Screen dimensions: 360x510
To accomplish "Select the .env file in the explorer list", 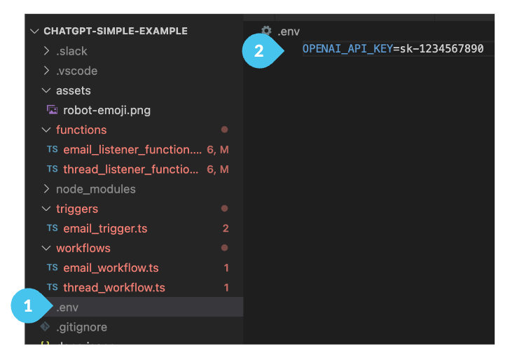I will pos(68,307).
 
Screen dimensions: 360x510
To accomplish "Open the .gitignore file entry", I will pos(81,327).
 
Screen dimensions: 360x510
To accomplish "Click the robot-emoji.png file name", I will pos(106,110).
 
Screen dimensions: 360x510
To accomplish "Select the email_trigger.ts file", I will pos(105,228).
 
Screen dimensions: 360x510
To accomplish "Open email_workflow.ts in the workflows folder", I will pos(111,268).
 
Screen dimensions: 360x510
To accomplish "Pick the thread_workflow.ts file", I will pos(113,287).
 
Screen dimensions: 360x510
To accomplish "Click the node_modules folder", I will pos(95,189).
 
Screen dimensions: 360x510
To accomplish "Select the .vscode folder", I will pos(76,71).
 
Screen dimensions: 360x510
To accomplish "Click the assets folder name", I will pos(74,90).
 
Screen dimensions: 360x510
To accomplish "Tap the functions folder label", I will pos(81,130).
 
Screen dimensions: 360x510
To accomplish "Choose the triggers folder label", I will pos(77,209).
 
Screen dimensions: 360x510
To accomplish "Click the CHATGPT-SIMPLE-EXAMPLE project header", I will pos(116,31).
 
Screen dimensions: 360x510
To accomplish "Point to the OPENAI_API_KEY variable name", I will pos(347,49).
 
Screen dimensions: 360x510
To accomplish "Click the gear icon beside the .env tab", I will pos(266,31).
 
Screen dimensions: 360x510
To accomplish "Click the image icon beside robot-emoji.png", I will pos(52,110).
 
